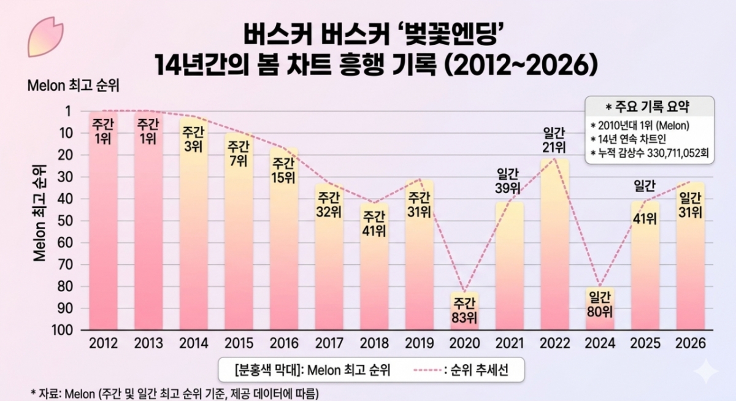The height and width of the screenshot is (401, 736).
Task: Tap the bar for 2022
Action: (554, 245)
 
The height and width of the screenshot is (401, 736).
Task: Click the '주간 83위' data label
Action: (464, 310)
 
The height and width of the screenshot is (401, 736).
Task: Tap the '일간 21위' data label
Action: (555, 140)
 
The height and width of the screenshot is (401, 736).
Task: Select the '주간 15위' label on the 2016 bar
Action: (283, 170)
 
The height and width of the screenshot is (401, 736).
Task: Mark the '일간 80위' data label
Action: (600, 304)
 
